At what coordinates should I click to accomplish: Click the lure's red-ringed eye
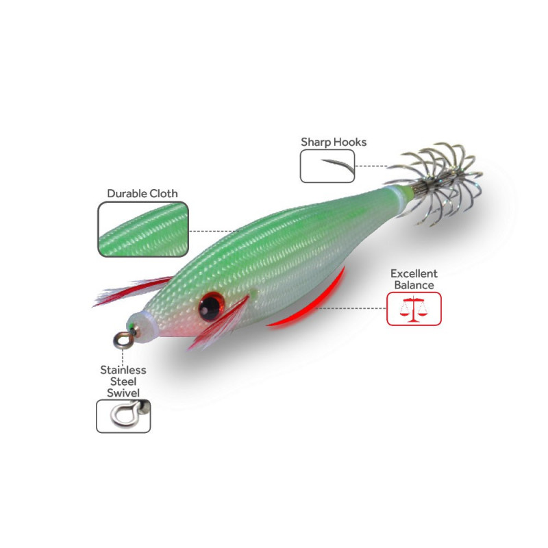tap(210, 306)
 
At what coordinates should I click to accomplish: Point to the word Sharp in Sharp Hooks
tap(316, 142)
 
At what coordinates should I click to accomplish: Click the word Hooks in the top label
tap(350, 142)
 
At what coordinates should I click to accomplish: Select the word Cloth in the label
tap(164, 193)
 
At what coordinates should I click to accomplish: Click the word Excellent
tap(414, 273)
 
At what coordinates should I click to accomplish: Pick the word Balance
tap(414, 284)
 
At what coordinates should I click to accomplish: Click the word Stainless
tap(123, 370)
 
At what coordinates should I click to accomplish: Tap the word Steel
tap(123, 382)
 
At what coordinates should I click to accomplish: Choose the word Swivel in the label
tap(123, 393)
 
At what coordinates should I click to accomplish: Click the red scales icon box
tap(414, 308)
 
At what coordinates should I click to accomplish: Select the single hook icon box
tap(327, 166)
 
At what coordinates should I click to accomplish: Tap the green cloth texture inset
tap(142, 229)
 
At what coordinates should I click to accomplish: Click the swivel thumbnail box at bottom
tap(123, 416)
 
